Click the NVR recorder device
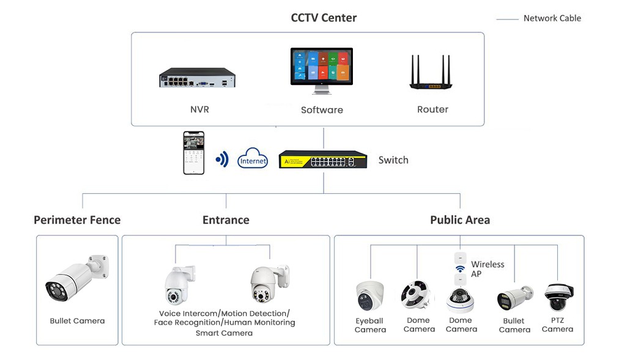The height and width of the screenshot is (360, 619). click(197, 78)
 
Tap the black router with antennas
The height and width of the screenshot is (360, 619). click(433, 75)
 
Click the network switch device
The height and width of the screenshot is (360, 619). click(323, 160)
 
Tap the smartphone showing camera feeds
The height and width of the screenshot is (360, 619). click(193, 153)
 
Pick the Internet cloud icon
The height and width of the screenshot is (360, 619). click(253, 159)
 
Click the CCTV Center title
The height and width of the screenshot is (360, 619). click(324, 18)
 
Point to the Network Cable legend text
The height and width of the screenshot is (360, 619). click(552, 18)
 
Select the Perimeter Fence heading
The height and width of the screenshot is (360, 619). click(77, 220)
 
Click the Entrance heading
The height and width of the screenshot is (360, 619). click(226, 220)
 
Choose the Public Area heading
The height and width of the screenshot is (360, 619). click(459, 220)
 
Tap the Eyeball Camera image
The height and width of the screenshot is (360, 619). click(370, 295)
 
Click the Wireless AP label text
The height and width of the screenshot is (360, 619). click(487, 269)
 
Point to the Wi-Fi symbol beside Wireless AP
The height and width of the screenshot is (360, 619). click(460, 269)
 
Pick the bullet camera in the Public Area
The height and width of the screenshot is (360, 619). click(514, 298)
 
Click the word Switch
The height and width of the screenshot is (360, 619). click(393, 160)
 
